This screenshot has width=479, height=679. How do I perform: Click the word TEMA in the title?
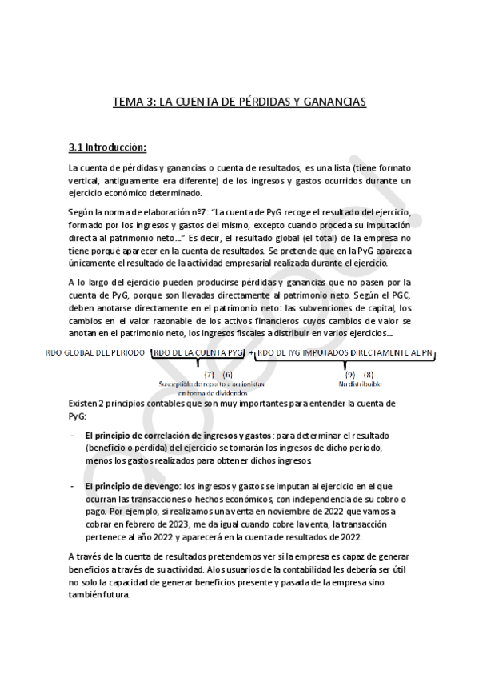coord(126,102)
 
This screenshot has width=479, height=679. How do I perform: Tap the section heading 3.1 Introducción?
coord(107,147)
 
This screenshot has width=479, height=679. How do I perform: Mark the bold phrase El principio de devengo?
coord(133,486)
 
